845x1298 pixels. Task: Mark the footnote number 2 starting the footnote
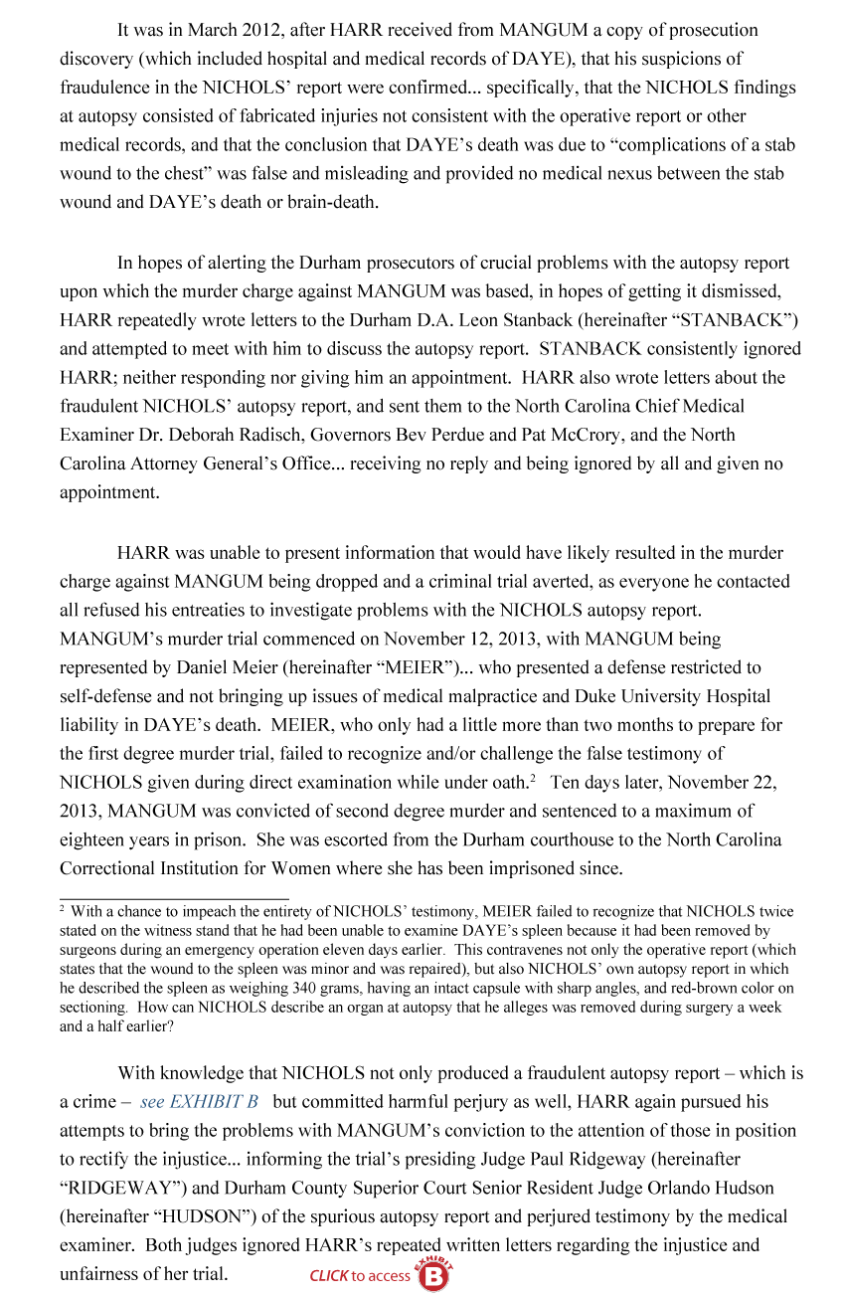pos(63,908)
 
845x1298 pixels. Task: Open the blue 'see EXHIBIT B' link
pos(200,1102)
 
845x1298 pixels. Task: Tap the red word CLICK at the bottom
pos(328,1275)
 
